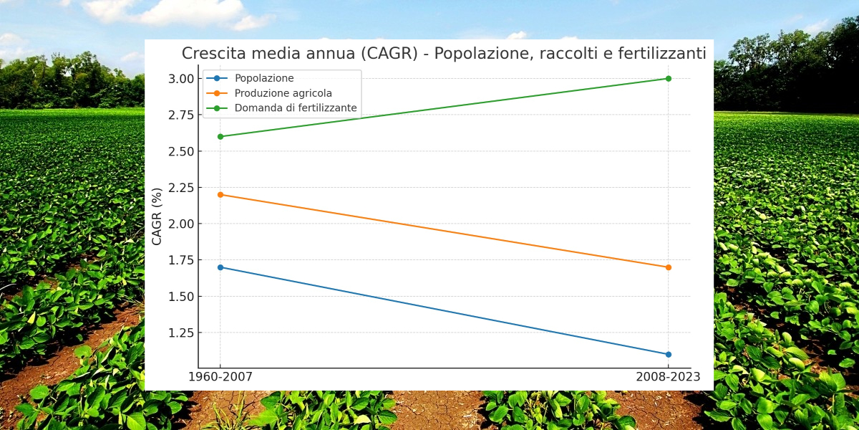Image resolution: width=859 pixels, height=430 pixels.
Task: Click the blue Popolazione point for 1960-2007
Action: point(220,267)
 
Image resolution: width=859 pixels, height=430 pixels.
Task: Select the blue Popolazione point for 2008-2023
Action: point(668,354)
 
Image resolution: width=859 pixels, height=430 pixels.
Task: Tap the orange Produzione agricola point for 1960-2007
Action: point(220,194)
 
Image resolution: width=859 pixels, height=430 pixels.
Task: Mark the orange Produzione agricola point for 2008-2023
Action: point(668,267)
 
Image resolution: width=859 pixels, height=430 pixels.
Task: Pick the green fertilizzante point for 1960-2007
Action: point(220,136)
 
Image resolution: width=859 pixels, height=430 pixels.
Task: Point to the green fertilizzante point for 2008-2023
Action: point(668,78)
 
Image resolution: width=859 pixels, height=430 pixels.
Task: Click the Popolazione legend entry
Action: point(264,78)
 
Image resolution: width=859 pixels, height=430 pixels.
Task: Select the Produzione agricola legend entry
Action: point(283,93)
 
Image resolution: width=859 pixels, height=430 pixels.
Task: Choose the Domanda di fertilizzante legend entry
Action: point(296,108)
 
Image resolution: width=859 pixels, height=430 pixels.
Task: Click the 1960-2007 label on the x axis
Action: point(220,377)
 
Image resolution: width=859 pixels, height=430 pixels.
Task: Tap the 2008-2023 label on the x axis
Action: point(668,377)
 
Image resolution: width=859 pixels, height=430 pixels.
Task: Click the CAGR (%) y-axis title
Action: point(157,216)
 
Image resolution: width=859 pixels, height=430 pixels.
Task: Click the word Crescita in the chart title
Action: point(210,54)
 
